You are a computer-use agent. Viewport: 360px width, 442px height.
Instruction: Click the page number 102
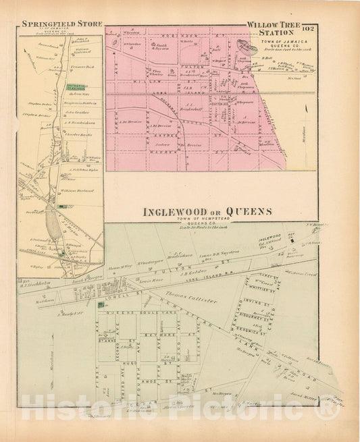pyautogui.click(x=309, y=28)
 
